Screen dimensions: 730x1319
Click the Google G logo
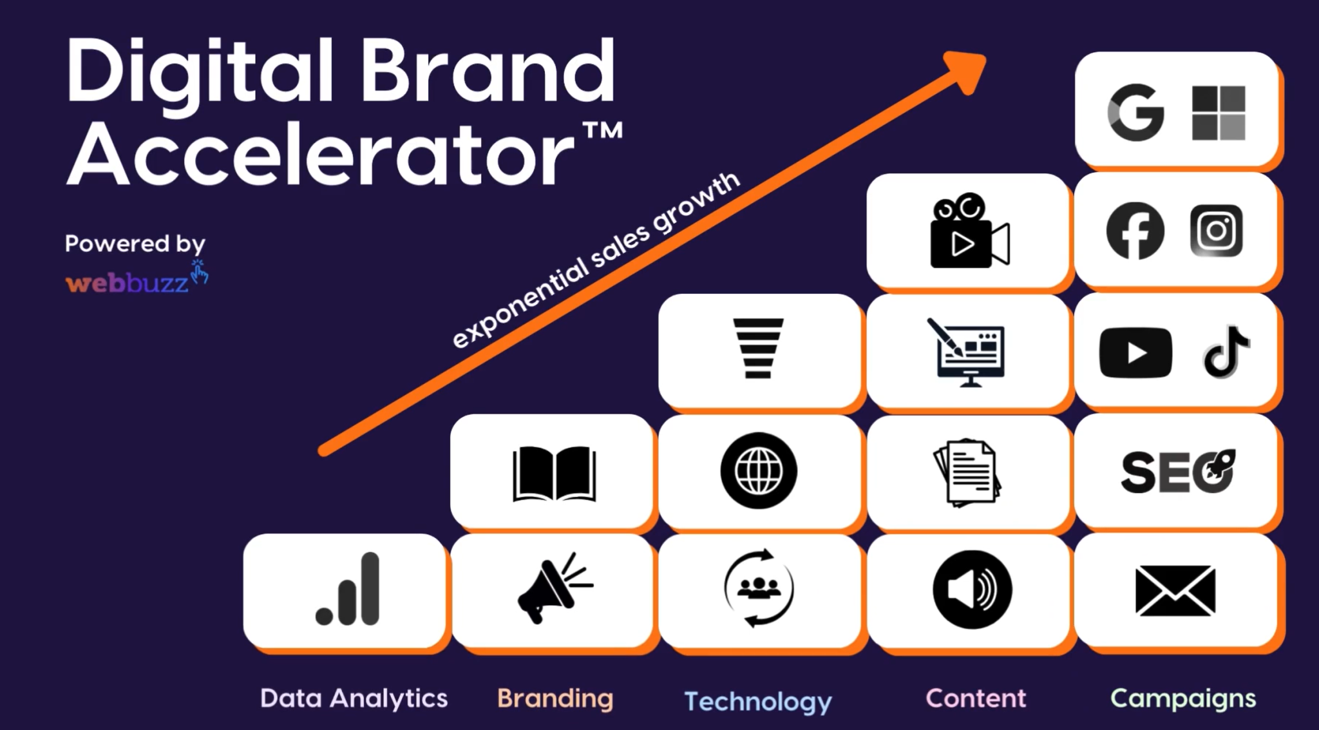click(1136, 113)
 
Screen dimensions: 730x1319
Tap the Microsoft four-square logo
click(1219, 113)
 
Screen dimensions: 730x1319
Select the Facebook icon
click(1135, 231)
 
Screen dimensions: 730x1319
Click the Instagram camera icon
click(1216, 231)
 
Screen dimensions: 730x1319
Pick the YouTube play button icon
click(1135, 352)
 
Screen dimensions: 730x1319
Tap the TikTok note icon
click(1226, 352)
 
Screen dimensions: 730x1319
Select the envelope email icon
click(1175, 591)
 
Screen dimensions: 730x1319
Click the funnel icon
click(759, 349)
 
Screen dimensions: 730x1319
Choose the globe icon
click(759, 471)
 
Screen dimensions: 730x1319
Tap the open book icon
click(554, 474)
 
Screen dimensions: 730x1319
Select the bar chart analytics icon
click(348, 590)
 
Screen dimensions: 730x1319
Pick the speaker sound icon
click(972, 590)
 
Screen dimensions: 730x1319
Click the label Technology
click(758, 701)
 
